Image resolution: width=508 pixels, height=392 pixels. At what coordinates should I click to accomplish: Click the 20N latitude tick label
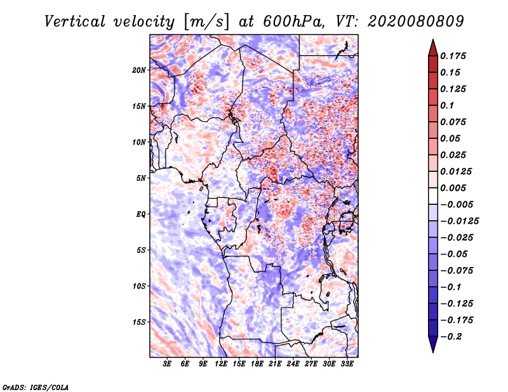click(x=139, y=70)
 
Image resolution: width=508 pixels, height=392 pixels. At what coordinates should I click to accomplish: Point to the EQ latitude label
click(x=140, y=214)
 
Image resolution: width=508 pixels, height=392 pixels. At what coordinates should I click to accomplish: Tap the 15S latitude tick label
click(x=139, y=322)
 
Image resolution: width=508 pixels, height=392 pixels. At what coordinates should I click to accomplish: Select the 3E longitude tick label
click(x=167, y=364)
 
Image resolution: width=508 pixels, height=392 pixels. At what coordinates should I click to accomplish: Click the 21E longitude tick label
click(x=275, y=364)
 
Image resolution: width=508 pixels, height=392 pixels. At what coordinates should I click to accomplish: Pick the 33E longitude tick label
click(x=347, y=364)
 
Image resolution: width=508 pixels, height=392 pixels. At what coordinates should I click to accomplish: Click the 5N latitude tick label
click(x=140, y=178)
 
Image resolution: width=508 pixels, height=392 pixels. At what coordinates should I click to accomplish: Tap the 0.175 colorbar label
click(x=453, y=56)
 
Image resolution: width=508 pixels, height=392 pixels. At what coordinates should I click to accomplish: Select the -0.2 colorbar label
click(x=451, y=337)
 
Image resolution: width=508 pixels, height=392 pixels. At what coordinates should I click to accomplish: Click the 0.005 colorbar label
click(x=453, y=188)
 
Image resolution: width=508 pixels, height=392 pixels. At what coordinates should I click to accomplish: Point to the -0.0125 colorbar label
click(x=459, y=221)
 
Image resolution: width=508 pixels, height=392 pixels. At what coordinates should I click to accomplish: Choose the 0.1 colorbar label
click(x=447, y=105)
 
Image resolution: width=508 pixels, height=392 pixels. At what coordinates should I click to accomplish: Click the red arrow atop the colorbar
click(x=433, y=48)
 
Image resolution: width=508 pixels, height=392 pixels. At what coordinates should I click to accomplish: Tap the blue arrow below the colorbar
click(x=433, y=344)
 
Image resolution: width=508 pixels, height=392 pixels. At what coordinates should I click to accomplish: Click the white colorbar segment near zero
click(x=433, y=196)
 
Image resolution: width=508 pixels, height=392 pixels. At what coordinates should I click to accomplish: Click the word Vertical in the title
click(x=75, y=22)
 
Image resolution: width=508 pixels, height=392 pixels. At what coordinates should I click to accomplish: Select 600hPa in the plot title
click(x=293, y=22)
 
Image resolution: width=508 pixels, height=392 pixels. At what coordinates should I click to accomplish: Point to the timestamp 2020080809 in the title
click(x=416, y=22)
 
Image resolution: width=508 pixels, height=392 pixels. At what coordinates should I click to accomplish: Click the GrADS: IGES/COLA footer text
click(x=36, y=387)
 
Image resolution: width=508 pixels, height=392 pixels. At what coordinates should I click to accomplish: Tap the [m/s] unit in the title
click(x=206, y=22)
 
